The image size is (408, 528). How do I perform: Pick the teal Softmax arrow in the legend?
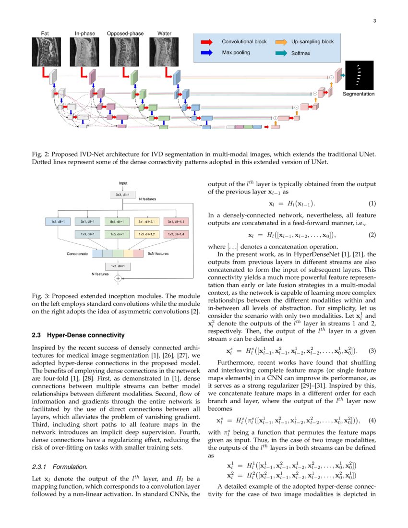282,54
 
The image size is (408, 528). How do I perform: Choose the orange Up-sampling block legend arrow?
282,42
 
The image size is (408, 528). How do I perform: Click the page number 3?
374,21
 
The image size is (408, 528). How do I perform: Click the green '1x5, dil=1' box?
118,234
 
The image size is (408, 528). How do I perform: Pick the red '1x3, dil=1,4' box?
176,234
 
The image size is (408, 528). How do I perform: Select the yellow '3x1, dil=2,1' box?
147,221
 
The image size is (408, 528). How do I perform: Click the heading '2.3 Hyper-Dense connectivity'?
77,335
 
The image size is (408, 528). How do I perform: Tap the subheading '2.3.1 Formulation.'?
60,466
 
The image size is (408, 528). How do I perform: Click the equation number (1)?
372,204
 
